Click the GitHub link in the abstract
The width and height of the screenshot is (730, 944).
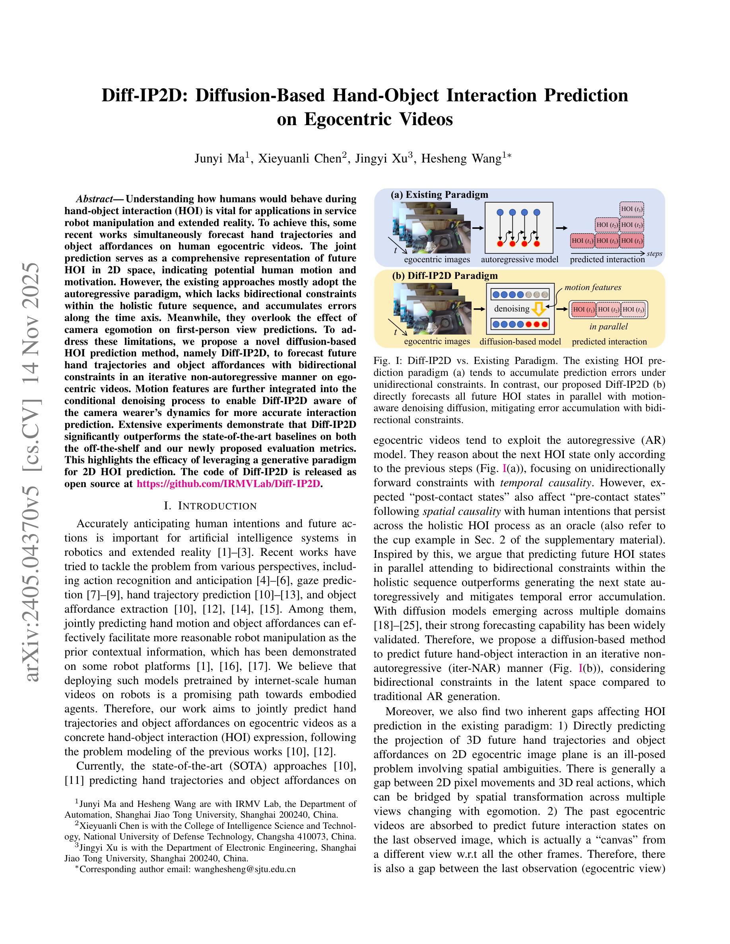[x=228, y=484]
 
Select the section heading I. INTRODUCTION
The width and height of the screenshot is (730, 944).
[x=211, y=506]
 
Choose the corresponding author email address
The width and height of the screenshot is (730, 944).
[x=245, y=869]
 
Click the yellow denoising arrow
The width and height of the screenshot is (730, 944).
[x=538, y=309]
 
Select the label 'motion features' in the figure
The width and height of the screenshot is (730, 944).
[x=592, y=287]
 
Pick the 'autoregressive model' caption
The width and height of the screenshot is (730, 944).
[x=519, y=260]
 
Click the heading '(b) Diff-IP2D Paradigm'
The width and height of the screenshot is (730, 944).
[x=445, y=276]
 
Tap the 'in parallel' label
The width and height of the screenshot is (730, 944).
[x=608, y=326]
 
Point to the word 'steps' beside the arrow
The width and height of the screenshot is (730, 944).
[x=654, y=254]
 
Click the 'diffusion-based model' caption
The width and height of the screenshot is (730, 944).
[x=520, y=341]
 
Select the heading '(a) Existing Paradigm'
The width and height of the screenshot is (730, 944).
[x=439, y=195]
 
